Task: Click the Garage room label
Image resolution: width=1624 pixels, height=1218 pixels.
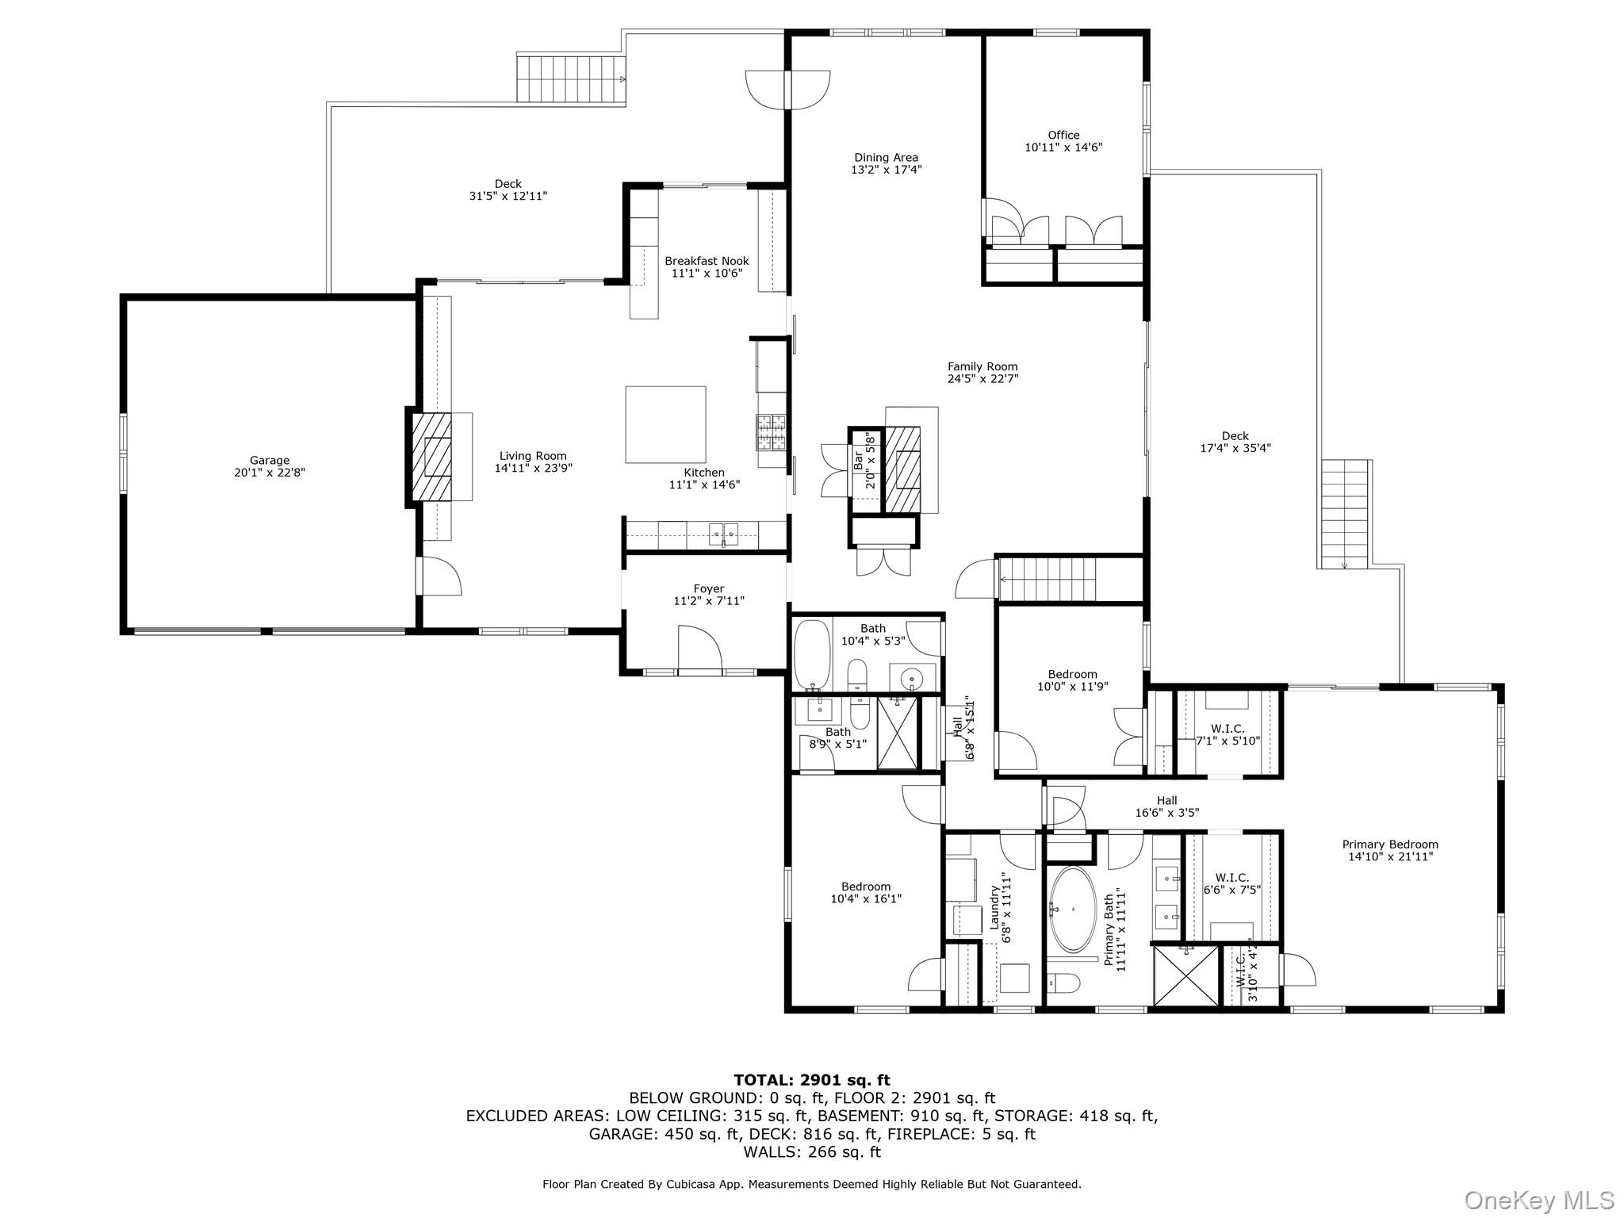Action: tap(270, 460)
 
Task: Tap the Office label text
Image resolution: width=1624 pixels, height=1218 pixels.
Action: tap(1063, 135)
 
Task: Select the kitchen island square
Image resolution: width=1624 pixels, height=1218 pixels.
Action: tap(665, 424)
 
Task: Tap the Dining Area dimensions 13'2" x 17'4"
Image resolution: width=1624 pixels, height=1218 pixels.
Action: tap(886, 170)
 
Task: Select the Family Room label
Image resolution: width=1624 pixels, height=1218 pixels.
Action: tap(982, 366)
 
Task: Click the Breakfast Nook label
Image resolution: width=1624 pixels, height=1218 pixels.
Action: tap(707, 261)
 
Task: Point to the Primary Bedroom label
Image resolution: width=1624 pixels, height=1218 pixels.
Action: tap(1389, 845)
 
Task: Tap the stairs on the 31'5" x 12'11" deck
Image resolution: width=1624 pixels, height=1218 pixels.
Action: tap(570, 79)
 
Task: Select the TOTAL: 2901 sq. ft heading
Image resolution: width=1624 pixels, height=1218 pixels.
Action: tap(811, 1080)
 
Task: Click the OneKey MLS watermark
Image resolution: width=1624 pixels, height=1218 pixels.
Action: tap(1538, 1200)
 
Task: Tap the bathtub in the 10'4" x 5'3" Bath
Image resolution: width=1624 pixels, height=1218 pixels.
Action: tap(811, 655)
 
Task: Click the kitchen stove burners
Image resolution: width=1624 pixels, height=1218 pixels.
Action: tap(771, 432)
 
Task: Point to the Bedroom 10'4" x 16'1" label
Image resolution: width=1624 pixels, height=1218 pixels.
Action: tap(866, 887)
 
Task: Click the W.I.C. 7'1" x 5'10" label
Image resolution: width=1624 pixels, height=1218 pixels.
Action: tap(1228, 729)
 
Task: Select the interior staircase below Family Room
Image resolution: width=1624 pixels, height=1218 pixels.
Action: tap(1047, 580)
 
